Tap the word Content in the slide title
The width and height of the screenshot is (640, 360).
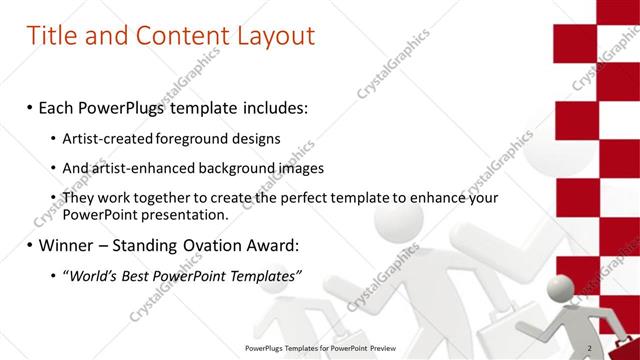pos(178,37)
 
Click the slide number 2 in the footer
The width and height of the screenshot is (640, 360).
pos(589,348)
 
